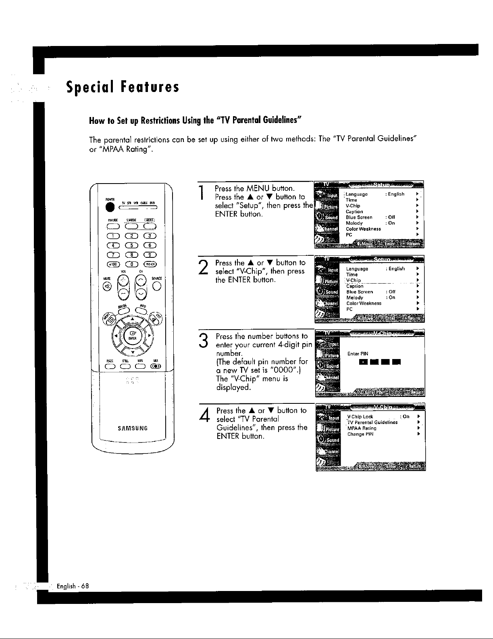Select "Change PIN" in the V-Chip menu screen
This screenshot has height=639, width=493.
[x=360, y=434]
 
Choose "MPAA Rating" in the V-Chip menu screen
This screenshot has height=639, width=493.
[x=362, y=428]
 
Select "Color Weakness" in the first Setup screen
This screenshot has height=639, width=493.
[x=363, y=229]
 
